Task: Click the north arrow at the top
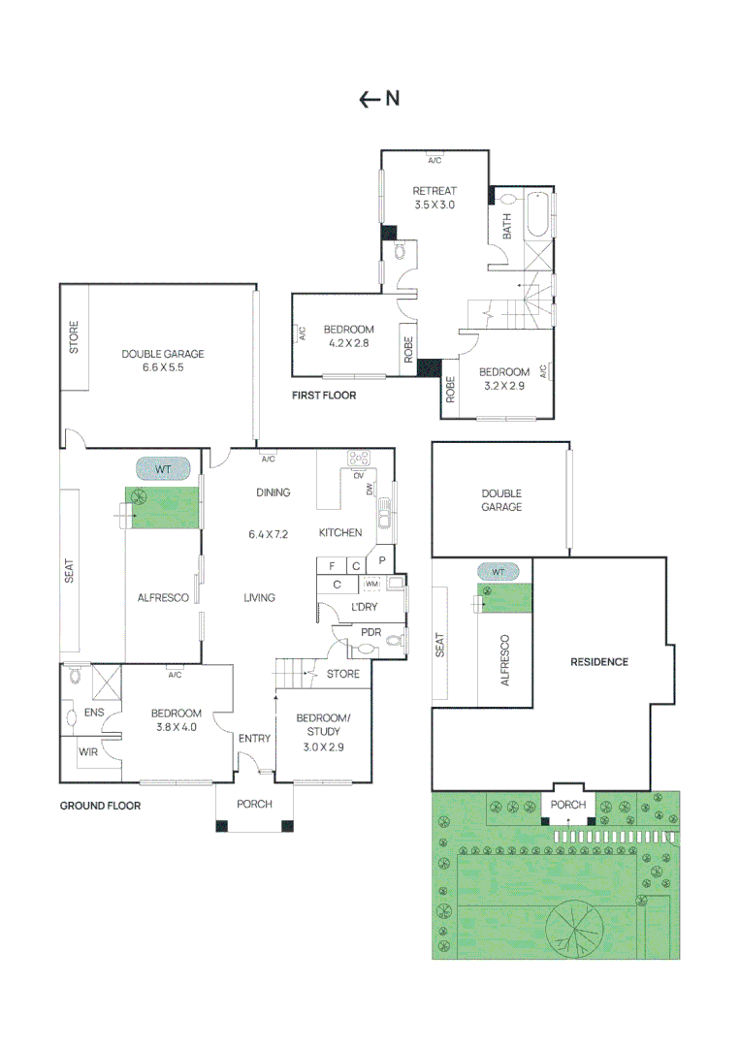click(x=378, y=98)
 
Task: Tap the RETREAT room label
click(x=434, y=191)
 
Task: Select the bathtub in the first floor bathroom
click(x=537, y=215)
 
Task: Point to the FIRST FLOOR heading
click(x=324, y=396)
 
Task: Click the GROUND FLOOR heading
click(x=100, y=806)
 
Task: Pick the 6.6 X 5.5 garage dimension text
click(x=163, y=368)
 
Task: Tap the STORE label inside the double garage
click(x=75, y=336)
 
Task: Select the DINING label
click(x=273, y=492)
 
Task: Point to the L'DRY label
click(x=364, y=607)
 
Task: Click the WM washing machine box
click(x=371, y=585)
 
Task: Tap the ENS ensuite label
click(x=93, y=713)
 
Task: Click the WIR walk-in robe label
click(x=88, y=751)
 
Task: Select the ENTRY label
click(x=254, y=739)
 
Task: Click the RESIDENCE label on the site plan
click(x=598, y=662)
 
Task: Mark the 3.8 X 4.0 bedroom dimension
click(x=175, y=726)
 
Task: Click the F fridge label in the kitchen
click(x=332, y=565)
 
